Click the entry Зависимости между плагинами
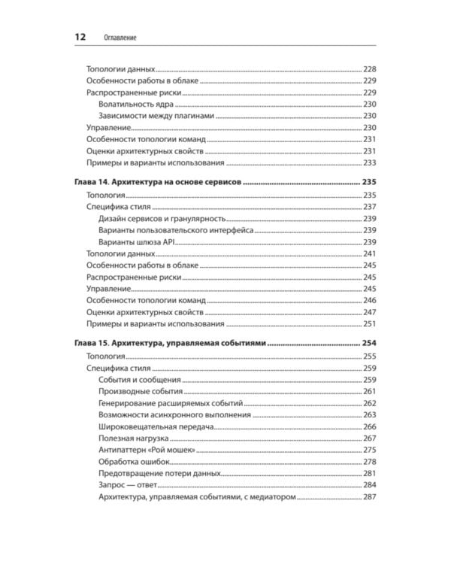[156, 116]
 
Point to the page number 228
[369, 69]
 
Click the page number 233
[369, 163]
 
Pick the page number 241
[369, 253]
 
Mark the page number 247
[369, 312]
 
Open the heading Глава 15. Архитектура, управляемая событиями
[171, 344]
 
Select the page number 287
[369, 497]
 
